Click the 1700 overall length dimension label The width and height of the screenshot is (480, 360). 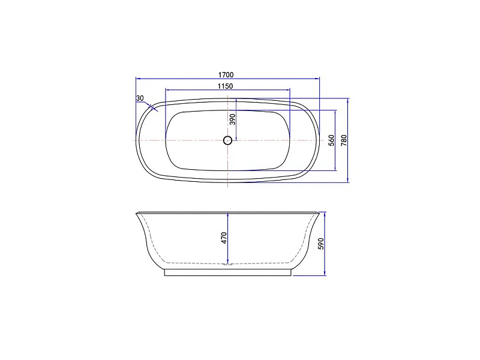tap(226, 74)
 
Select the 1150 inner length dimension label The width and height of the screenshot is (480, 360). tap(226, 86)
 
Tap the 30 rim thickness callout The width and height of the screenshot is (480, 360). tap(140, 98)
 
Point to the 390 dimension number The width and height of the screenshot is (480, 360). tap(233, 119)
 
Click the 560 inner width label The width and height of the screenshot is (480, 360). tap(332, 140)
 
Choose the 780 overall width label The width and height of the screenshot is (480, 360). tap(344, 140)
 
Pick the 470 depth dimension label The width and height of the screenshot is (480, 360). tap(224, 238)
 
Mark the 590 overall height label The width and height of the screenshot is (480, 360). tap(321, 244)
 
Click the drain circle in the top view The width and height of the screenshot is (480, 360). tap(227, 140)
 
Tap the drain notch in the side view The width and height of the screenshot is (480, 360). tap(227, 264)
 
